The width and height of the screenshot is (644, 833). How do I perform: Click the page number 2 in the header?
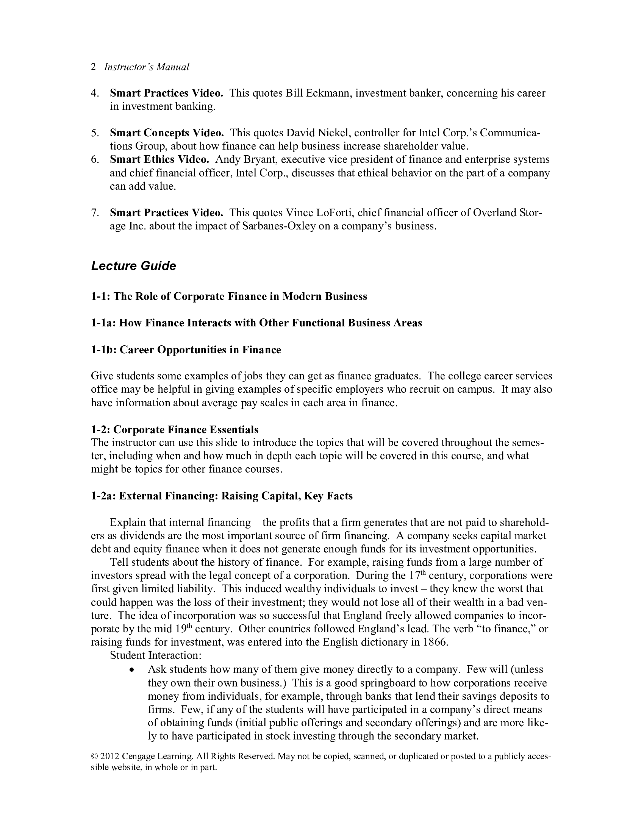tap(93, 67)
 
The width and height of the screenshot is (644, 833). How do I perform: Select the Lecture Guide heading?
tap(133, 266)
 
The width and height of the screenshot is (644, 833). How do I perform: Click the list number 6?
tap(95, 159)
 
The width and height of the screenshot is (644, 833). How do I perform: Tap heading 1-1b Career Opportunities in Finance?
tap(186, 350)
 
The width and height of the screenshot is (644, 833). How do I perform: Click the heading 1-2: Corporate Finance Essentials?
tap(174, 429)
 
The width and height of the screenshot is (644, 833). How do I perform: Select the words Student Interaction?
tap(155, 655)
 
